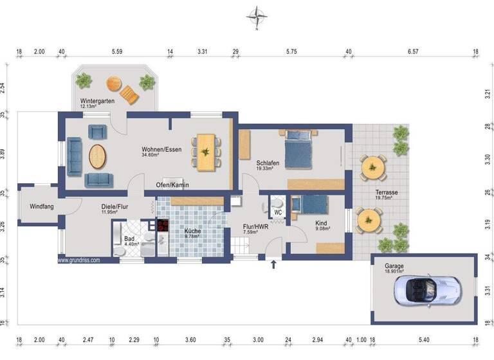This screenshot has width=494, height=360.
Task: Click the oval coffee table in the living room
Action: (98, 155)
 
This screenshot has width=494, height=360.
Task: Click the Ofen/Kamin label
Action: (172, 184)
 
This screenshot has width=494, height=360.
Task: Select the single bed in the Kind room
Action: (311, 204)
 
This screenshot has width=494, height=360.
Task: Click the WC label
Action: (278, 212)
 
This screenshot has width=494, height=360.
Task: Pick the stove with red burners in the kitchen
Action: (161, 226)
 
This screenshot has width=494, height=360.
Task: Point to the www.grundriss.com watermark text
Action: (82, 261)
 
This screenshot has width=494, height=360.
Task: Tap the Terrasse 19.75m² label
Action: (387, 195)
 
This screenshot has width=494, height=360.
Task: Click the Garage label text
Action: (394, 267)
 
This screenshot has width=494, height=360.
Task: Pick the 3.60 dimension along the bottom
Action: (190, 339)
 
